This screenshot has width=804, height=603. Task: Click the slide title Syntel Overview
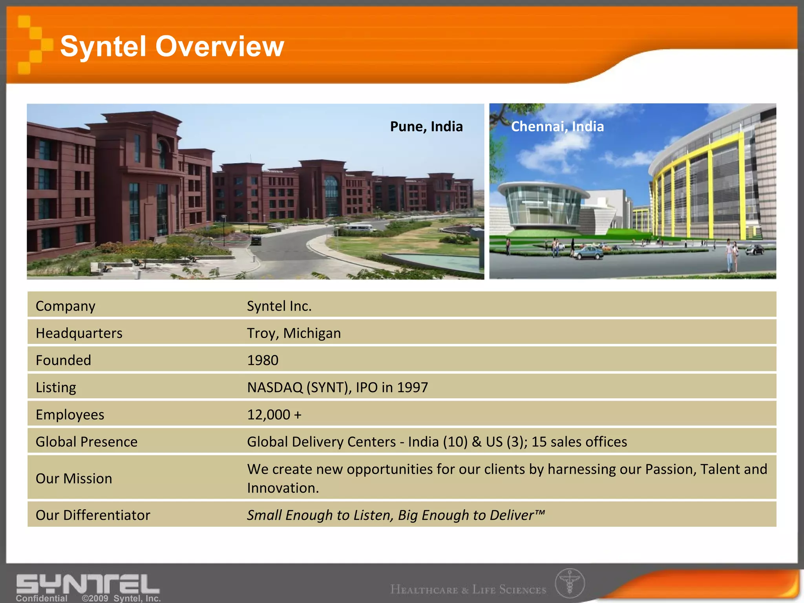pyautogui.click(x=172, y=46)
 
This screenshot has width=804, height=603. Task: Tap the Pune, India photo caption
pyautogui.click(x=426, y=127)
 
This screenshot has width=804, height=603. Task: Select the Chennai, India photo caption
pyautogui.click(x=557, y=127)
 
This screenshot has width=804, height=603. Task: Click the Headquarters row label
pyautogui.click(x=79, y=333)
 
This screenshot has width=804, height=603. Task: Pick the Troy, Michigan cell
pyautogui.click(x=294, y=333)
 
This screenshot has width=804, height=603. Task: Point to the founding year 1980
pyautogui.click(x=263, y=360)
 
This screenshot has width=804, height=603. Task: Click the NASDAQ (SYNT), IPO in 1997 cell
pyautogui.click(x=337, y=387)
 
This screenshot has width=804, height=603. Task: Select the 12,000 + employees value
pyautogui.click(x=274, y=415)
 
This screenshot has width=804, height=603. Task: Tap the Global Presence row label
pyautogui.click(x=86, y=442)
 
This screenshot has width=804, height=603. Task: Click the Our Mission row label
pyautogui.click(x=74, y=479)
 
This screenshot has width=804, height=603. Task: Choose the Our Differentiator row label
pyautogui.click(x=93, y=515)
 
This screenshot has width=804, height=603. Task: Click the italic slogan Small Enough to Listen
pyautogui.click(x=396, y=515)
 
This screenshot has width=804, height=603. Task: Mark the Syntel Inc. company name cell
pyautogui.click(x=279, y=306)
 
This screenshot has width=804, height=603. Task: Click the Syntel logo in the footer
pyautogui.click(x=88, y=584)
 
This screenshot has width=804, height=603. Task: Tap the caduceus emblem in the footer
pyautogui.click(x=570, y=583)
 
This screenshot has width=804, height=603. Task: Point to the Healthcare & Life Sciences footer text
pyautogui.click(x=468, y=590)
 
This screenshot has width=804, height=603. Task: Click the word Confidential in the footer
pyautogui.click(x=41, y=598)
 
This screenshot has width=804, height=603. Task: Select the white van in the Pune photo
pyautogui.click(x=359, y=228)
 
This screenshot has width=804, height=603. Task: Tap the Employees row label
pyautogui.click(x=70, y=415)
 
